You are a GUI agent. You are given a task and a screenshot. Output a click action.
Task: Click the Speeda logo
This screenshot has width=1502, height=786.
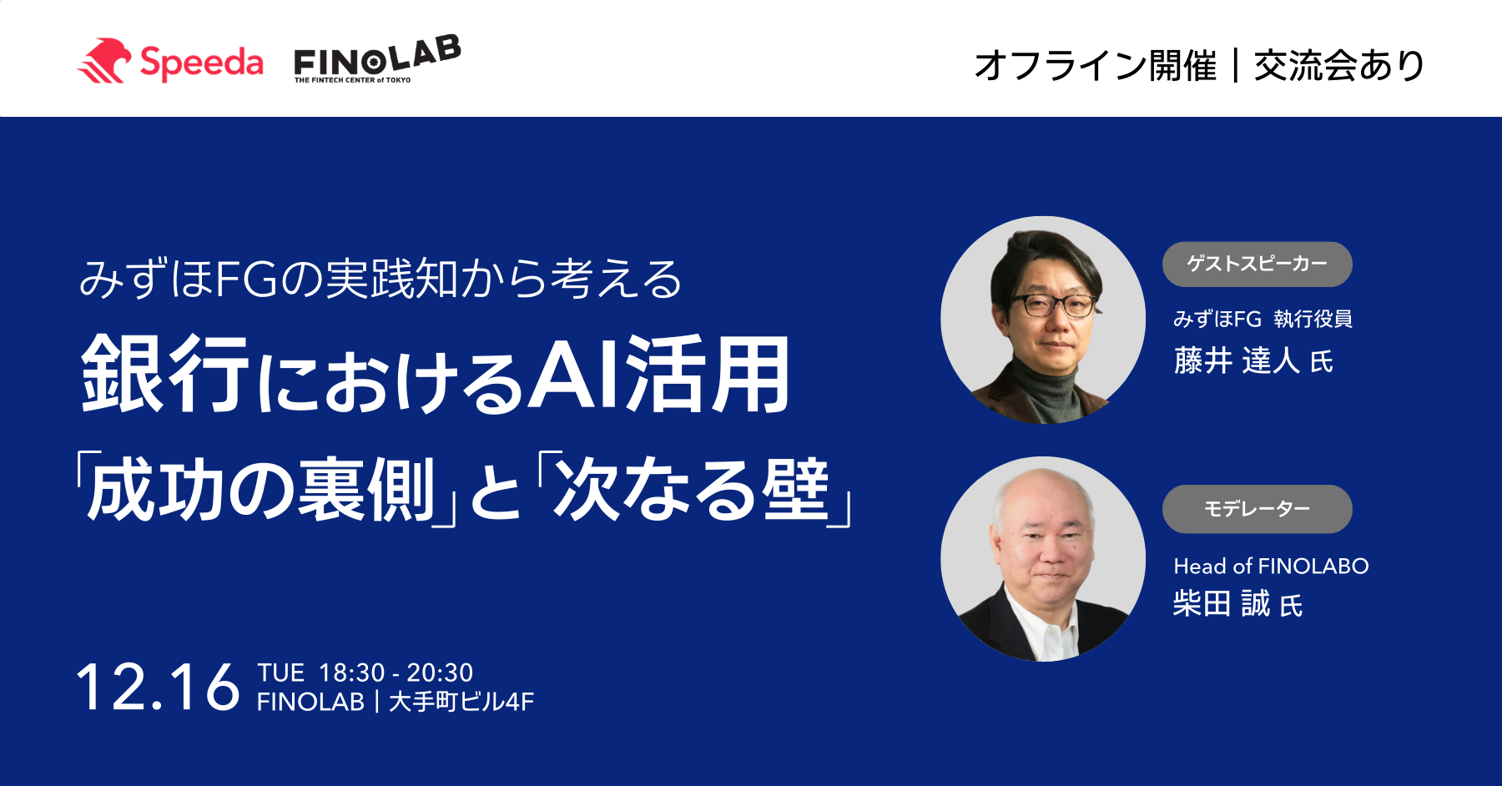point(170,62)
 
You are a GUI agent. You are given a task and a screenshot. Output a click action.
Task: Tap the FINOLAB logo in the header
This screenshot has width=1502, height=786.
point(377,59)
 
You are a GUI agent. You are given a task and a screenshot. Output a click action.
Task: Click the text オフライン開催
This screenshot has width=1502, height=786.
point(1095,65)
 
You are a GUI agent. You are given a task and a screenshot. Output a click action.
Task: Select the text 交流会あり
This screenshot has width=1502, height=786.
point(1339,65)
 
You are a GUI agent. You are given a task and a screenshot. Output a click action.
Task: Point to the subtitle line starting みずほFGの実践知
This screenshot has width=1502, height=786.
point(381,279)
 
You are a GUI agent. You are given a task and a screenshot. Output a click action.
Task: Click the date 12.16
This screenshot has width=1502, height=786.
point(158,688)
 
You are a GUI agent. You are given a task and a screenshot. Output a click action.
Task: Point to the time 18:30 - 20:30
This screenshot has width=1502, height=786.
point(396,673)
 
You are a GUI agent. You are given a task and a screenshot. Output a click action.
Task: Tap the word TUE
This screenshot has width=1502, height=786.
point(280,673)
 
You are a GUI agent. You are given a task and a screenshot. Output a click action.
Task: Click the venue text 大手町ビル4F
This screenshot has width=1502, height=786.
point(461,702)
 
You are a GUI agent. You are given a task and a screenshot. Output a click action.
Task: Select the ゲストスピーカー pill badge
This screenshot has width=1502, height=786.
point(1257,264)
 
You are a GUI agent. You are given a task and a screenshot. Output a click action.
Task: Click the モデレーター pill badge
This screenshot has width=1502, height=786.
point(1257,509)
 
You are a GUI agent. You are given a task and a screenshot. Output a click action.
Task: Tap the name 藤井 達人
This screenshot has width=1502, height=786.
point(1237,360)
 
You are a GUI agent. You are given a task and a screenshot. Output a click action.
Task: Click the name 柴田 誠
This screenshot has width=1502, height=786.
point(1222,603)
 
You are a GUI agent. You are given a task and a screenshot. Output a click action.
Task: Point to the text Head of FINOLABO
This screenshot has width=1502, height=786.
point(1271,566)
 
